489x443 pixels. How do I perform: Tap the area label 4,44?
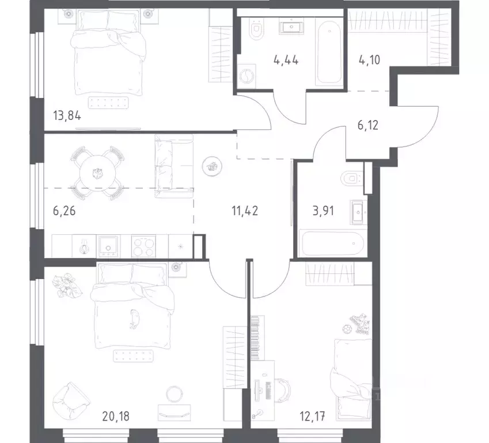[286, 59]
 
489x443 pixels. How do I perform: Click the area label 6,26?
[63, 211]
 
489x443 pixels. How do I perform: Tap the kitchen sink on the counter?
[107, 246]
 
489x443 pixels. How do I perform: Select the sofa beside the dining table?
[173, 167]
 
